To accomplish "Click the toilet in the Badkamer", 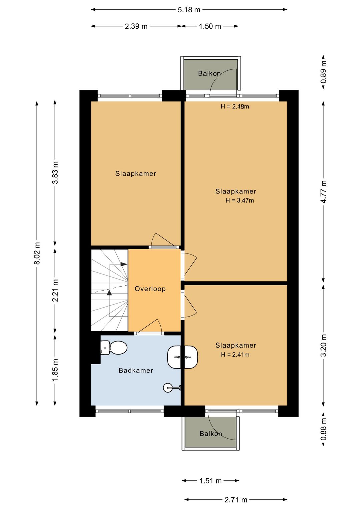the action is (x=114, y=348).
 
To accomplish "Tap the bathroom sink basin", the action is (x=182, y=357).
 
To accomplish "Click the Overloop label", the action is (x=150, y=289).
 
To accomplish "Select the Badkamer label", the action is (x=136, y=371).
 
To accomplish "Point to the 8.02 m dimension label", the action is (x=37, y=253).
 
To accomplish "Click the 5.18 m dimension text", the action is (x=189, y=10).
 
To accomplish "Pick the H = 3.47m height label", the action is (x=240, y=200).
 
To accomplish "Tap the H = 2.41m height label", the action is (x=235, y=355).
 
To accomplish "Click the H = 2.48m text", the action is (x=235, y=106).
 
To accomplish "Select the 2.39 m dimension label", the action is (x=136, y=26).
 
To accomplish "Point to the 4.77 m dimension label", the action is (x=323, y=191).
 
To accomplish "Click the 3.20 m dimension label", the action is (x=323, y=346).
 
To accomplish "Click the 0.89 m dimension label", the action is (x=323, y=72).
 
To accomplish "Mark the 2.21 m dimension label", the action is (x=55, y=290).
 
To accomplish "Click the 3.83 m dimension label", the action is (x=55, y=172).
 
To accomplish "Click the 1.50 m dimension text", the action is (x=210, y=26).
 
